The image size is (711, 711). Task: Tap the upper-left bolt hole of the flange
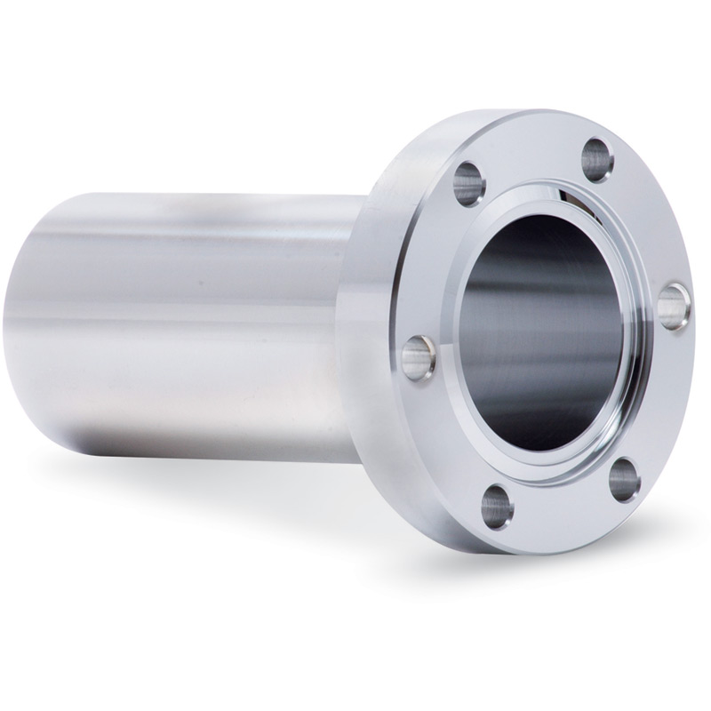coord(468,184)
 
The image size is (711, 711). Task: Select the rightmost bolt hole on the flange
coord(674,306)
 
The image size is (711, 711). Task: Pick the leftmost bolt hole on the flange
coord(418,357)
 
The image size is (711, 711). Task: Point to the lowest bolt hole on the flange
coord(497,507)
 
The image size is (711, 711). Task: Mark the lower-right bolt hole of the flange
coord(625,479)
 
